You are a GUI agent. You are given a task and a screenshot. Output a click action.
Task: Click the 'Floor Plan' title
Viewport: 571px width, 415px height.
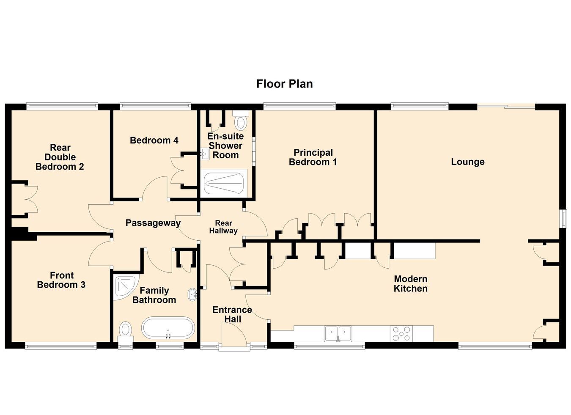pyautogui.click(x=285, y=84)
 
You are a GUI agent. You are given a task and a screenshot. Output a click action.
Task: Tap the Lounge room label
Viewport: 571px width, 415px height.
pyautogui.click(x=468, y=162)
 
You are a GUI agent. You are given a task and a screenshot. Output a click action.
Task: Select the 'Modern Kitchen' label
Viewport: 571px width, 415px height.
pyautogui.click(x=411, y=284)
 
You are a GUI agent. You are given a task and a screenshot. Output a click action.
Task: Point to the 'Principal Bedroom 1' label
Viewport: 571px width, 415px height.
pyautogui.click(x=313, y=157)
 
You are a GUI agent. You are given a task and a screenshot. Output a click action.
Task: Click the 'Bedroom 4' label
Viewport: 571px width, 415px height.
pyautogui.click(x=154, y=140)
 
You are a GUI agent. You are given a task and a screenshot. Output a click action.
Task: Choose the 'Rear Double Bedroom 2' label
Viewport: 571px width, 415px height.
pyautogui.click(x=60, y=157)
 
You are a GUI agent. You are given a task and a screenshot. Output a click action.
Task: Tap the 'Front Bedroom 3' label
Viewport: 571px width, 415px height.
pyautogui.click(x=61, y=280)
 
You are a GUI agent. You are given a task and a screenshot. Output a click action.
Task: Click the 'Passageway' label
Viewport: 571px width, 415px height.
pyautogui.click(x=153, y=223)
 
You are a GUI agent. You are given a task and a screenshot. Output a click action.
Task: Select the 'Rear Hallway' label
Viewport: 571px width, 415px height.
pyautogui.click(x=223, y=227)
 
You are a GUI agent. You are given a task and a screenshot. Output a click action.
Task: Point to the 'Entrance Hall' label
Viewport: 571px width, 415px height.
pyautogui.click(x=232, y=314)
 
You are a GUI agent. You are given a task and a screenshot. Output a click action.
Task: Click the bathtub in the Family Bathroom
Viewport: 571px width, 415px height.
pyautogui.click(x=168, y=328)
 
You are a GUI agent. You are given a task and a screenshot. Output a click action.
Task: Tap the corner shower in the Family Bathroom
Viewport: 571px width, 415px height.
pyautogui.click(x=126, y=287)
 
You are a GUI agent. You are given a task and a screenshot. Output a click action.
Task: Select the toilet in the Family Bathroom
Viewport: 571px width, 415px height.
pyautogui.click(x=126, y=331)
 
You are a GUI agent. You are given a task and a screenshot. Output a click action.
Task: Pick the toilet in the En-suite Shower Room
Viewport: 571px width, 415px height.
pyautogui.click(x=240, y=120)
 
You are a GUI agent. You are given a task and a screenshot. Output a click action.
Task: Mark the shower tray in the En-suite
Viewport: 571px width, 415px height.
pyautogui.click(x=224, y=183)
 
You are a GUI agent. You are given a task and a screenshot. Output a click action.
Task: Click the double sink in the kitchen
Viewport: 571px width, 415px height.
pyautogui.click(x=338, y=333)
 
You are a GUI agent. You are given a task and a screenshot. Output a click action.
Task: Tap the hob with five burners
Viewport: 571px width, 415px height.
pyautogui.click(x=401, y=333)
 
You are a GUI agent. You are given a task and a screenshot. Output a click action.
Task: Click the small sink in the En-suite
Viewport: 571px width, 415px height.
pyautogui.click(x=204, y=154)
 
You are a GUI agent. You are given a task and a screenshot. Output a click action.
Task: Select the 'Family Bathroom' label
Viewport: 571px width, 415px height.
pyautogui.click(x=154, y=295)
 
